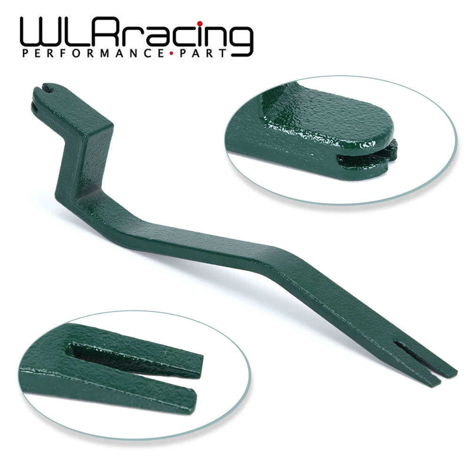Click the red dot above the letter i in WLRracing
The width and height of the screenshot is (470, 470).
[200, 24]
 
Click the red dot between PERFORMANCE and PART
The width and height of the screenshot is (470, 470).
[171, 54]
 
